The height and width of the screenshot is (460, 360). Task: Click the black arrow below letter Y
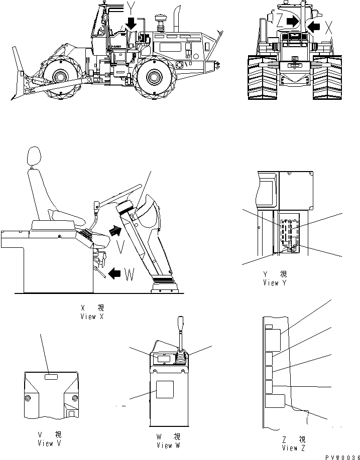click(131, 23)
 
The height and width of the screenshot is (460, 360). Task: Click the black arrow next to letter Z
click(292, 21)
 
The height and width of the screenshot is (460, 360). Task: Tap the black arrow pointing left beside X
click(313, 27)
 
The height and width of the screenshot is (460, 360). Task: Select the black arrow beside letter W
click(114, 274)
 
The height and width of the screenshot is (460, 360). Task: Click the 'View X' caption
click(92, 317)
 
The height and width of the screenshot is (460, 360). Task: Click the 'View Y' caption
click(275, 283)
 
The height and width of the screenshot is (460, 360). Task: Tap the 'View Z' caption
click(293, 448)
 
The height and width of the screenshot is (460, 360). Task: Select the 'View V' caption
click(49, 443)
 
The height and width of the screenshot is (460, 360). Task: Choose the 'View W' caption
click(169, 445)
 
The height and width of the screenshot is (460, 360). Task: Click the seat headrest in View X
click(34, 157)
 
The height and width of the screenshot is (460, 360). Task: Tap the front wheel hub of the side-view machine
click(60, 77)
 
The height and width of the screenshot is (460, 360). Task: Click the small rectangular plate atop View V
click(51, 377)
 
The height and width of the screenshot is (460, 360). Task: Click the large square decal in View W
click(165, 389)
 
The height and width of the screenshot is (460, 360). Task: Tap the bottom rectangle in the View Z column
click(275, 401)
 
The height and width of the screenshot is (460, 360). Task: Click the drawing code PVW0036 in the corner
click(342, 457)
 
